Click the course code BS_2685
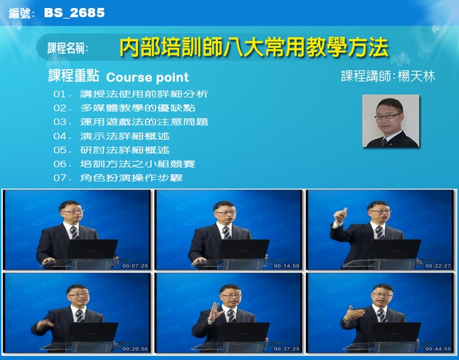[74, 13]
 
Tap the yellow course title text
[254, 47]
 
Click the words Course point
[147, 78]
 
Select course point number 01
[130, 94]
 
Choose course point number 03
[130, 122]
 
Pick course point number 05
[111, 150]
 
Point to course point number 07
[118, 178]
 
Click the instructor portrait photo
[391, 121]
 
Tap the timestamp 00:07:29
[135, 266]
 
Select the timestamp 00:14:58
[286, 266]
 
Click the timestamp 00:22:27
[438, 266]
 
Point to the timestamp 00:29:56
[135, 349]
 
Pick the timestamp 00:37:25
[286, 349]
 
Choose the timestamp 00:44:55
[438, 349]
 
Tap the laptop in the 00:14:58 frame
[244, 249]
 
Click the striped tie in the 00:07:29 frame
[74, 233]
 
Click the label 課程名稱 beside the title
[67, 48]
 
